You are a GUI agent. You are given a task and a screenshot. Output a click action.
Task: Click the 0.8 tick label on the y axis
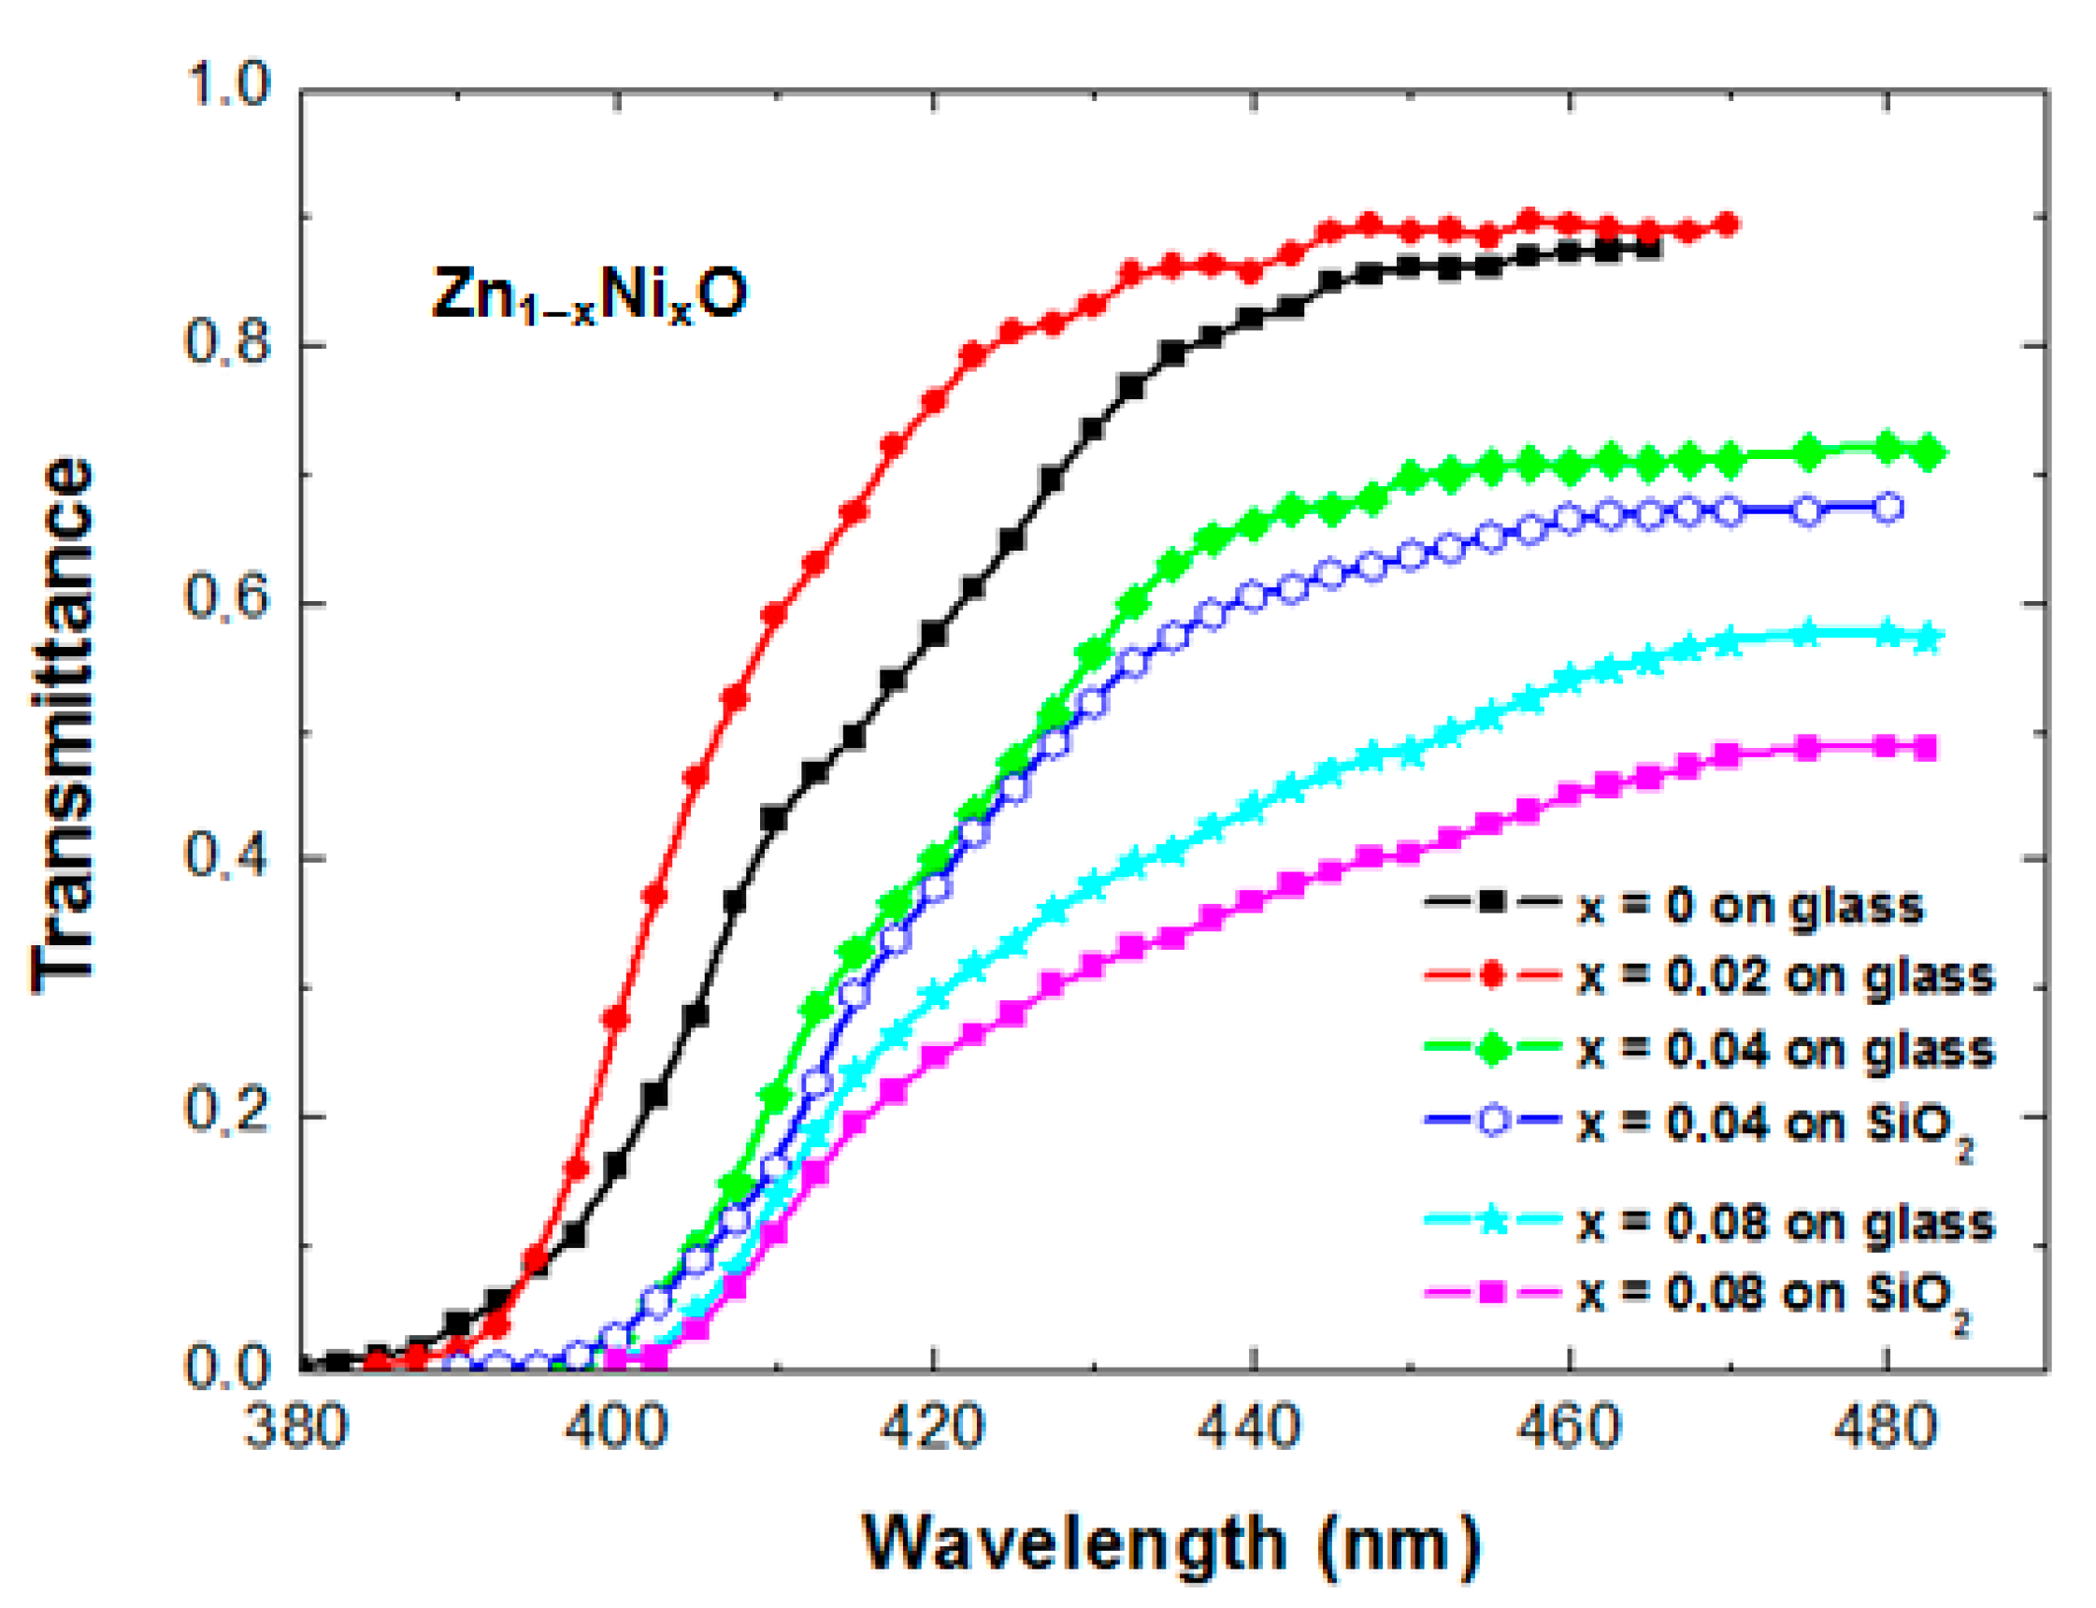[227, 342]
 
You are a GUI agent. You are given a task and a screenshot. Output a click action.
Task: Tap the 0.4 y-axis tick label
[227, 854]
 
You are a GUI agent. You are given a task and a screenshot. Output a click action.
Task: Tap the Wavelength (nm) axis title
[1171, 1543]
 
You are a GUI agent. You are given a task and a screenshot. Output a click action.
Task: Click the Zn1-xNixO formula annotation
[589, 294]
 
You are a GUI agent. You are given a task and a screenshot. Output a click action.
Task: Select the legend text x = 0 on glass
[1749, 905]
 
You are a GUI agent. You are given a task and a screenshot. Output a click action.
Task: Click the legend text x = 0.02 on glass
[1785, 976]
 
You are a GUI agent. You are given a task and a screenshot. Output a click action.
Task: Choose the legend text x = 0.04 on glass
[1785, 1050]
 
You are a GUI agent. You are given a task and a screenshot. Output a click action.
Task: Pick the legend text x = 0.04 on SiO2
[1775, 1126]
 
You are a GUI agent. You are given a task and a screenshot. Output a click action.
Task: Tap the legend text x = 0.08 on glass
[1785, 1223]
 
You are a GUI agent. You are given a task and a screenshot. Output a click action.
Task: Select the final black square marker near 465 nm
[1648, 249]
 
